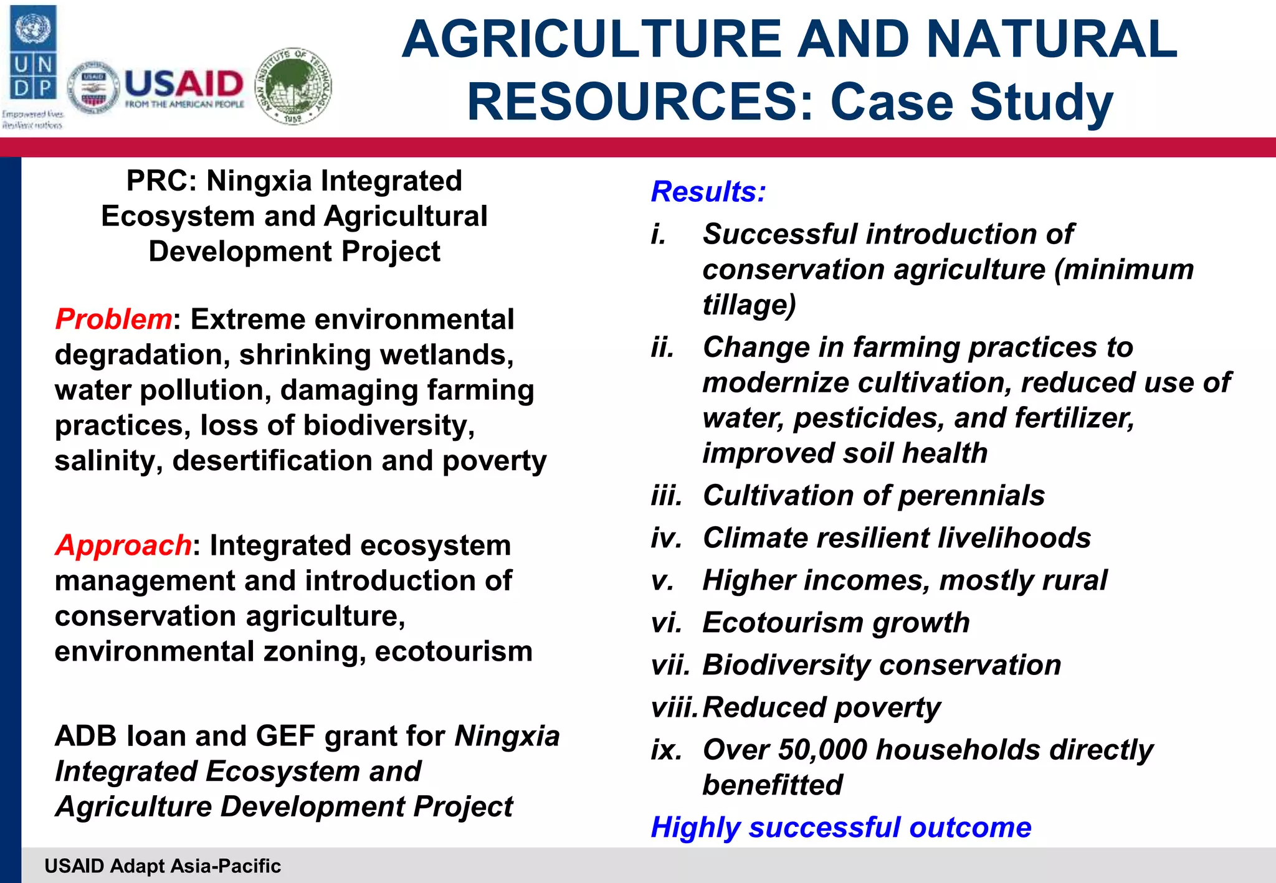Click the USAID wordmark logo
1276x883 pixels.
coord(184,88)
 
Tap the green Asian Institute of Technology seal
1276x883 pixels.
coord(293,86)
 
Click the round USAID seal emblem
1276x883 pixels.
coord(93,88)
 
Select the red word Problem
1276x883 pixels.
coord(113,319)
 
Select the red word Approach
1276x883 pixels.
coord(123,545)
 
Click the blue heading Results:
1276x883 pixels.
coord(708,192)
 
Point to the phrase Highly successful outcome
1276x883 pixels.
coord(840,828)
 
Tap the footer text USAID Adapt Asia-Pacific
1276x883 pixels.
coord(163,866)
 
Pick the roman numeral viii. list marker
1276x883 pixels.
coord(673,707)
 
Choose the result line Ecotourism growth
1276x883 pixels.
coord(836,623)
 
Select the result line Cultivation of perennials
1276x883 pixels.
coord(873,496)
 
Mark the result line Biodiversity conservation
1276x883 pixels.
coord(881,665)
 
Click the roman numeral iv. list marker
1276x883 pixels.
coord(666,538)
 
